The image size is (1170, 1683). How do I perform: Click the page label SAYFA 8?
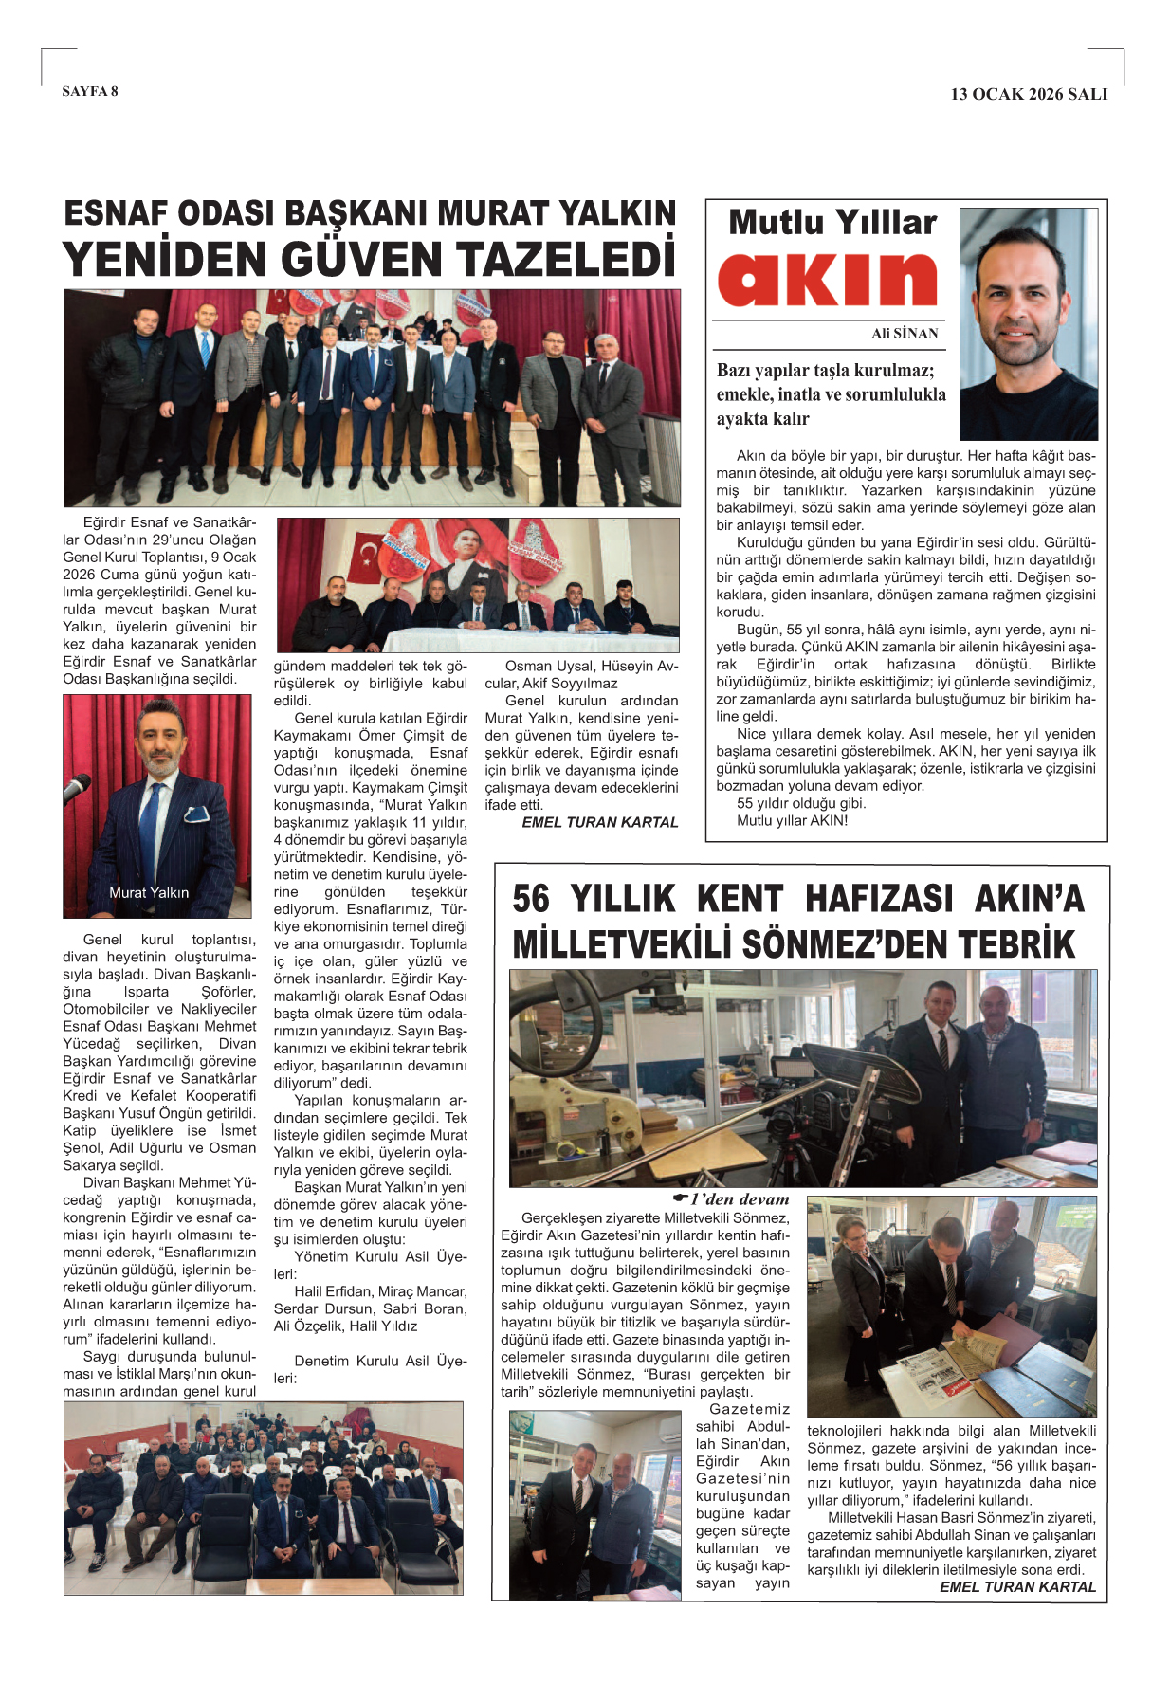(x=90, y=91)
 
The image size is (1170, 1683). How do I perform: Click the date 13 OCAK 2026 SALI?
(x=1029, y=94)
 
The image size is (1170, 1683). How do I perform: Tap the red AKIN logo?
(x=827, y=280)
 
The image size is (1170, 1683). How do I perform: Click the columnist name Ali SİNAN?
(x=905, y=333)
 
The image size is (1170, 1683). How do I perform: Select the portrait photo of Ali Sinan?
(x=1028, y=323)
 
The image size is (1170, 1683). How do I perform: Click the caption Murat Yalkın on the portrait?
(x=149, y=892)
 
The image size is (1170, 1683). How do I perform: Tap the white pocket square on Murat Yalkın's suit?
(x=196, y=813)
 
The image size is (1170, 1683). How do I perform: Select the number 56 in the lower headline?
(x=531, y=899)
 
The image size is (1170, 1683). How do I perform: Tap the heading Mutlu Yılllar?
(x=832, y=222)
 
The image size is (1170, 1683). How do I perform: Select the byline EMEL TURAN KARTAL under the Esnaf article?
(x=600, y=822)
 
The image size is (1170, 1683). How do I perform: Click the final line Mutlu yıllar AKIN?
(x=792, y=820)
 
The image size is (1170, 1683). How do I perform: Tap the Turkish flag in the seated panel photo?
(x=364, y=557)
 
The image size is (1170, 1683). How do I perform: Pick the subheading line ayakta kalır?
(x=762, y=418)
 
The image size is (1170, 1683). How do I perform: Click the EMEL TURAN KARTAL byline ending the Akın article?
(x=1017, y=1586)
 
